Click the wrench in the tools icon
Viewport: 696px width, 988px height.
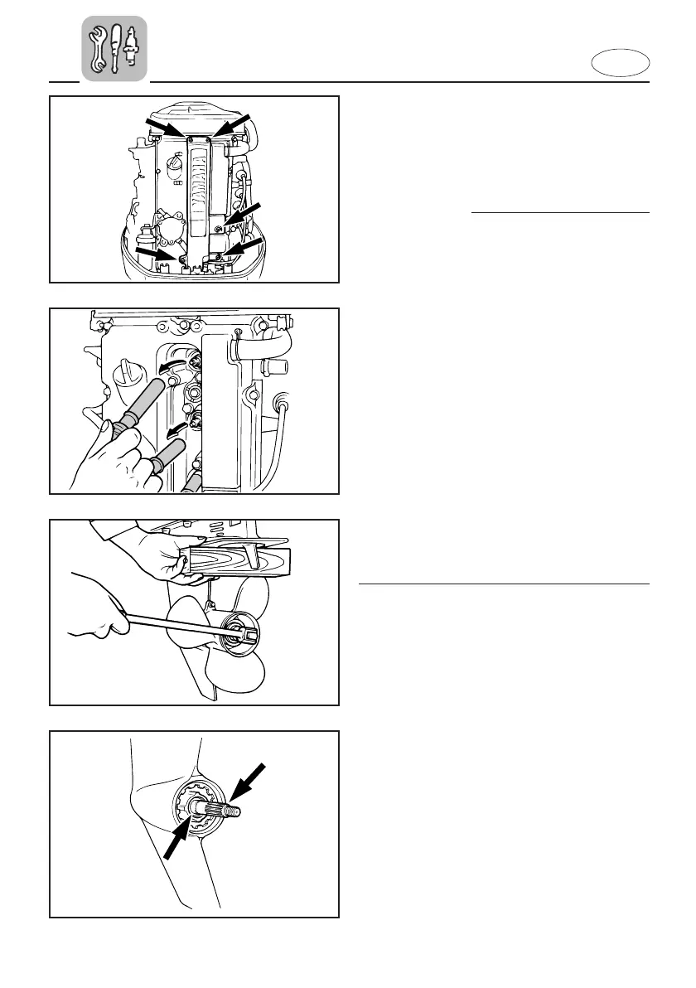(x=97, y=48)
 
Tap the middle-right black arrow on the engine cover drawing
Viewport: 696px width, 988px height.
(x=241, y=214)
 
